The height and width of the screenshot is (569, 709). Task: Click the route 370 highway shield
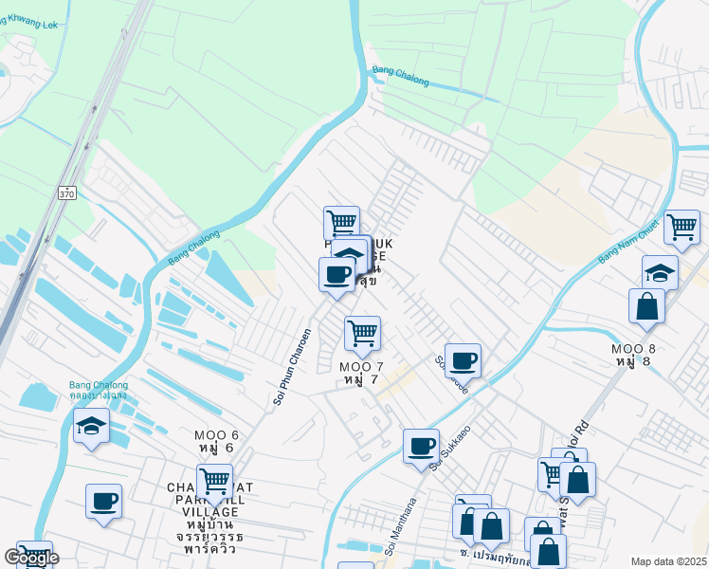(x=66, y=193)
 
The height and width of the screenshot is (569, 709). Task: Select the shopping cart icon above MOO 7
(x=362, y=334)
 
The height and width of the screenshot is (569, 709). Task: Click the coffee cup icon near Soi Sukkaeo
(x=421, y=446)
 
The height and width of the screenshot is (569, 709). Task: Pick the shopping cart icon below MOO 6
(x=215, y=481)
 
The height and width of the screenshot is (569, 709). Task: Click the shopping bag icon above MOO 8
(x=646, y=306)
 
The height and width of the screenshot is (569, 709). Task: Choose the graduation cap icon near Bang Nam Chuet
(x=660, y=273)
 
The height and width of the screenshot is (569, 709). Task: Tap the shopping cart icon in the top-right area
(x=682, y=228)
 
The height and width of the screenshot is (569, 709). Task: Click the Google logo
(x=30, y=558)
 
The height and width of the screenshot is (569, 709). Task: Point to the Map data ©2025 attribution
(x=669, y=561)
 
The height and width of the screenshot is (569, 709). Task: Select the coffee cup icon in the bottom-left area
(x=103, y=501)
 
